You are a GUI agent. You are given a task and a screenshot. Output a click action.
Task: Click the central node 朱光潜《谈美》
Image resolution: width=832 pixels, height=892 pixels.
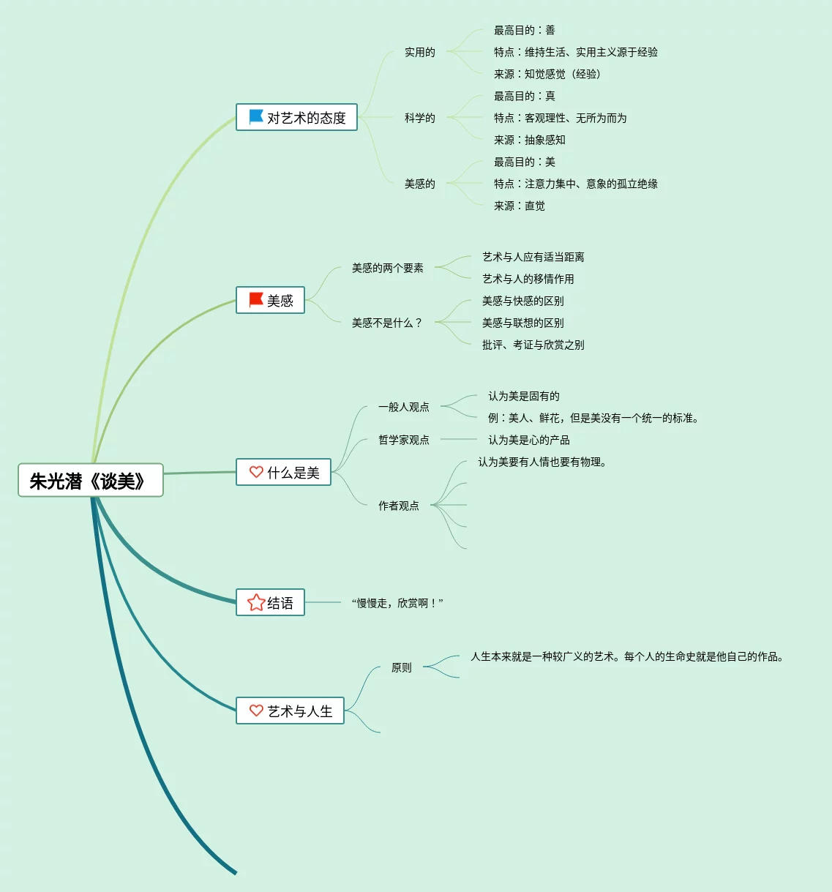[91, 481]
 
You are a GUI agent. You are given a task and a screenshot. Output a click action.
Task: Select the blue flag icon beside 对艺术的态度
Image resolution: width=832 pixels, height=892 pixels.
[256, 116]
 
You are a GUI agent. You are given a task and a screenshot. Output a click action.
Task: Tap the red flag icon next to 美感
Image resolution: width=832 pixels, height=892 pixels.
[256, 300]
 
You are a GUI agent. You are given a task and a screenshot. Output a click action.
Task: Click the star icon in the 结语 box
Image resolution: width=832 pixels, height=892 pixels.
[256, 602]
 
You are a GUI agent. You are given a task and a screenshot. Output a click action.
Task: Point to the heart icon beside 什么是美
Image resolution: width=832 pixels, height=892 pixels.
[256, 472]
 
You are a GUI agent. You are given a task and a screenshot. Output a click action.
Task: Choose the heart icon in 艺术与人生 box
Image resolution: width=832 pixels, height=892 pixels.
[256, 711]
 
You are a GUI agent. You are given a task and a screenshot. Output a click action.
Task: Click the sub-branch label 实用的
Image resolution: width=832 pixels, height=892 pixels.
[419, 52]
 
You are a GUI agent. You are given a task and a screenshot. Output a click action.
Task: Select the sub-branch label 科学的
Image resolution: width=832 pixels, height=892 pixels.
[419, 118]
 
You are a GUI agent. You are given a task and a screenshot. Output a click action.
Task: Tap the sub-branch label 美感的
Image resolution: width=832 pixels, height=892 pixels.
[419, 184]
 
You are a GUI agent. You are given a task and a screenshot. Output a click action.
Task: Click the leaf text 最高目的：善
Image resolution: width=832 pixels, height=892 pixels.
[524, 30]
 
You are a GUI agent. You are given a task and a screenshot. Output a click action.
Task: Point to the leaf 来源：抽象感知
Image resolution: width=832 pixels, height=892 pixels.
[529, 140]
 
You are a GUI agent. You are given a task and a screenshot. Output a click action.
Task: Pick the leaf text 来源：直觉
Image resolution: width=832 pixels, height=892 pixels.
[519, 206]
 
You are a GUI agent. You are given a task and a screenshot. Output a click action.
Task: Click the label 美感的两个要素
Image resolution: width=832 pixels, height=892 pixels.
[387, 268]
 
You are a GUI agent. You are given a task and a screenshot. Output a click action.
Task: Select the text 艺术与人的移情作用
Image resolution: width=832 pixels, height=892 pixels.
[528, 279]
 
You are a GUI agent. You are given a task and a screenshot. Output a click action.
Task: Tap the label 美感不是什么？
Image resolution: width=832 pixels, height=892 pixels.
[387, 323]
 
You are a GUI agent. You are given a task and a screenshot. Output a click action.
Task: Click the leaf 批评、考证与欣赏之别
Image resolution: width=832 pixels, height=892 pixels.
[533, 345]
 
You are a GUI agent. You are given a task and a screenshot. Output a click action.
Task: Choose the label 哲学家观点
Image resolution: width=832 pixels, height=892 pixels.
[403, 440]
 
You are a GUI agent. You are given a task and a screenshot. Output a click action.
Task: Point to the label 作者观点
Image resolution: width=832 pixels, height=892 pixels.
[398, 506]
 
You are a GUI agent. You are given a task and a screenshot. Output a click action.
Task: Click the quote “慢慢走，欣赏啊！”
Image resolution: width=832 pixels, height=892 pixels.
[397, 603]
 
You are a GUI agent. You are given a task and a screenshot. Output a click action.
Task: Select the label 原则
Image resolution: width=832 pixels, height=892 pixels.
[401, 667]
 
